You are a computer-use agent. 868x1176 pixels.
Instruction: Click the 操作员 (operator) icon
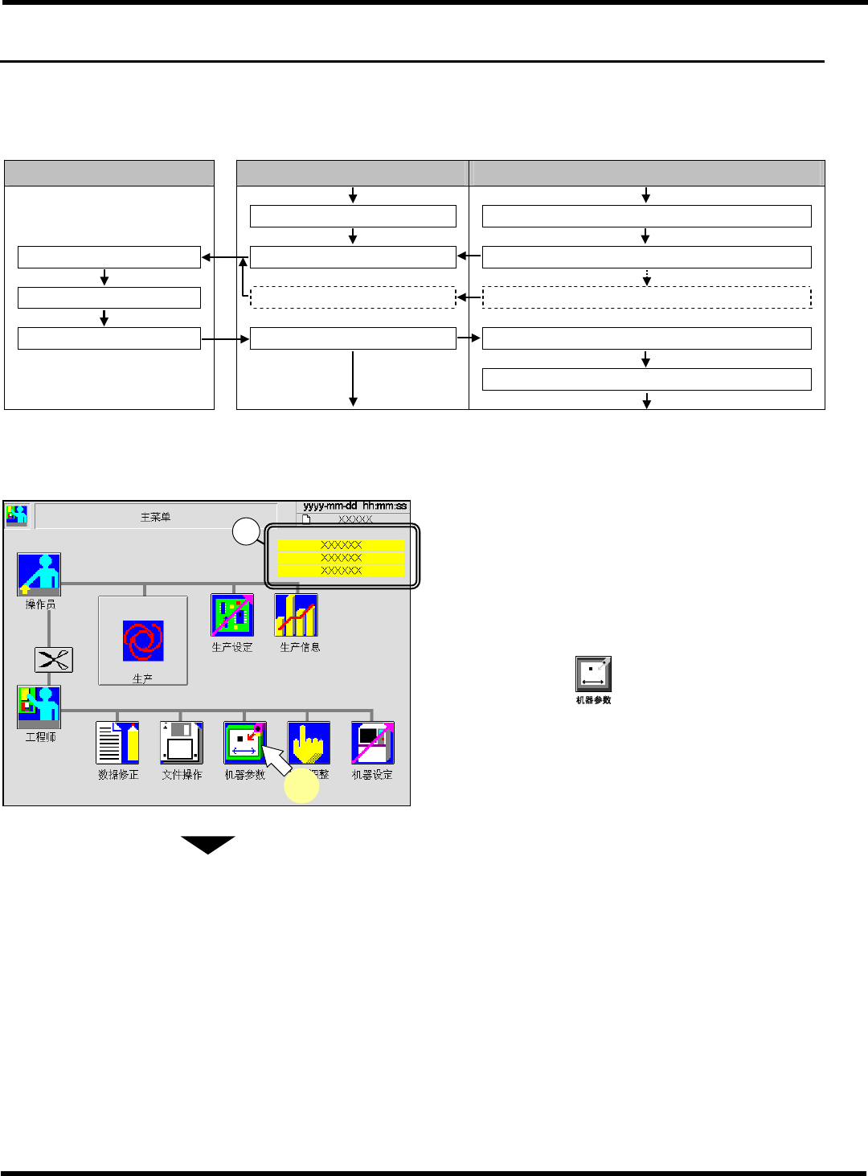click(39, 574)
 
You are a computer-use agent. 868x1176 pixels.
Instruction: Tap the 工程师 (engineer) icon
click(39, 707)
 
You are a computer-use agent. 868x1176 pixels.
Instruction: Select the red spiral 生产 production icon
click(143, 640)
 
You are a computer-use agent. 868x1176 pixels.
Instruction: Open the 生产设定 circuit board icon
click(232, 615)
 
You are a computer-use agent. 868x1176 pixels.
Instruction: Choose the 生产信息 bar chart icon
click(296, 615)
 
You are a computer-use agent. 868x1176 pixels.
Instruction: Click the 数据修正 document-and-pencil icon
click(117, 742)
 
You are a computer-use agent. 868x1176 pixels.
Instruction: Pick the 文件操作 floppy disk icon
click(181, 742)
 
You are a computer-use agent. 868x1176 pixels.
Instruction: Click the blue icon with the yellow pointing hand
click(309, 742)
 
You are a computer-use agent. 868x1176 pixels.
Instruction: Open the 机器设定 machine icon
click(372, 742)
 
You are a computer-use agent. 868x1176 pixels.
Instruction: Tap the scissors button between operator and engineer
click(54, 660)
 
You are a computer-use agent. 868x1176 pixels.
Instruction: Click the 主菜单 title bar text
click(155, 517)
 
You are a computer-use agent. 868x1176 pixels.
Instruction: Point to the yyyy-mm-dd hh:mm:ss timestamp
click(354, 506)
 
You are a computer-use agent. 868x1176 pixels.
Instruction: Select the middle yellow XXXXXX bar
click(341, 557)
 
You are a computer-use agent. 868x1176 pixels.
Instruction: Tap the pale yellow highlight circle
click(301, 786)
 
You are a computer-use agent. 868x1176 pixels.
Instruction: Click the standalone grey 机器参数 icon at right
click(593, 674)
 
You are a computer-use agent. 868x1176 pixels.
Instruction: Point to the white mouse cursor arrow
click(276, 759)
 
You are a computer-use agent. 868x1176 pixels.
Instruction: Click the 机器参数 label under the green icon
click(244, 775)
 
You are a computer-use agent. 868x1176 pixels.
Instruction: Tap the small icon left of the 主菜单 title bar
click(17, 515)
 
